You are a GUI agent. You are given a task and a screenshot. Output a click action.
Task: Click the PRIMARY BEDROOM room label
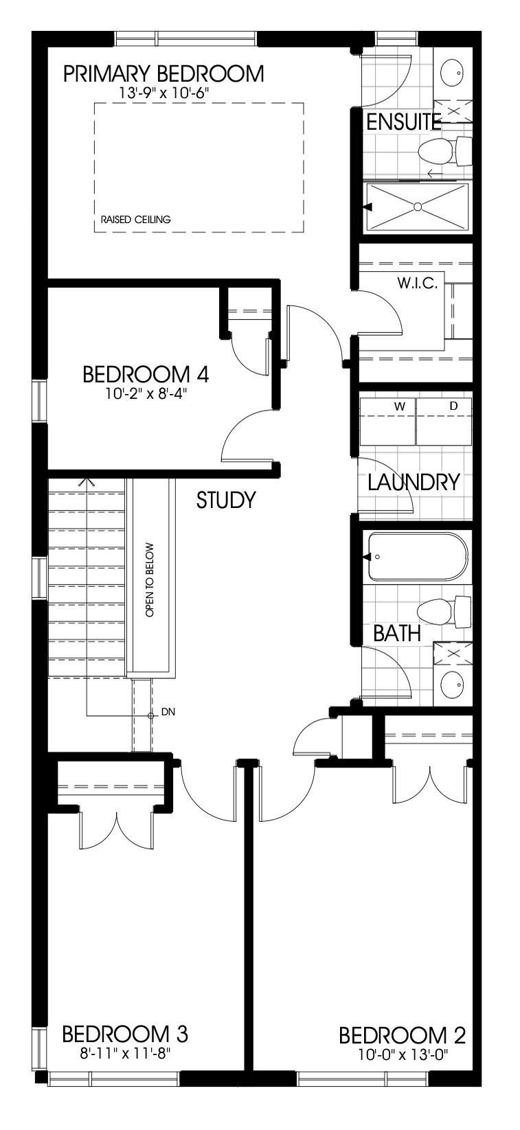[x=163, y=73]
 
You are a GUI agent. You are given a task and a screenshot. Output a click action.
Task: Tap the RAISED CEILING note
[x=135, y=220]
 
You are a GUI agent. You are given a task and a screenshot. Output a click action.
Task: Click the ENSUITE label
[x=403, y=122]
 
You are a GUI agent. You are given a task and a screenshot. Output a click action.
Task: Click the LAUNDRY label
[x=413, y=482]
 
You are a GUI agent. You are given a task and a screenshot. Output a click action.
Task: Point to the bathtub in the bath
[x=418, y=557]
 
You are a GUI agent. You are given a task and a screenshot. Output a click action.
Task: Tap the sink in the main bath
[x=451, y=683]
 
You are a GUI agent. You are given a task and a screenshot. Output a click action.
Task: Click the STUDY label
[x=226, y=500]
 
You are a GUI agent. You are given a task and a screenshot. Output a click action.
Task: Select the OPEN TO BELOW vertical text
[x=150, y=580]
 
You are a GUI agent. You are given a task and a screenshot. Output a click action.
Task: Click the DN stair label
[x=168, y=712]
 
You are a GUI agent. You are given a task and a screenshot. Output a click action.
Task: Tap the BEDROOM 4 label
[x=146, y=375]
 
